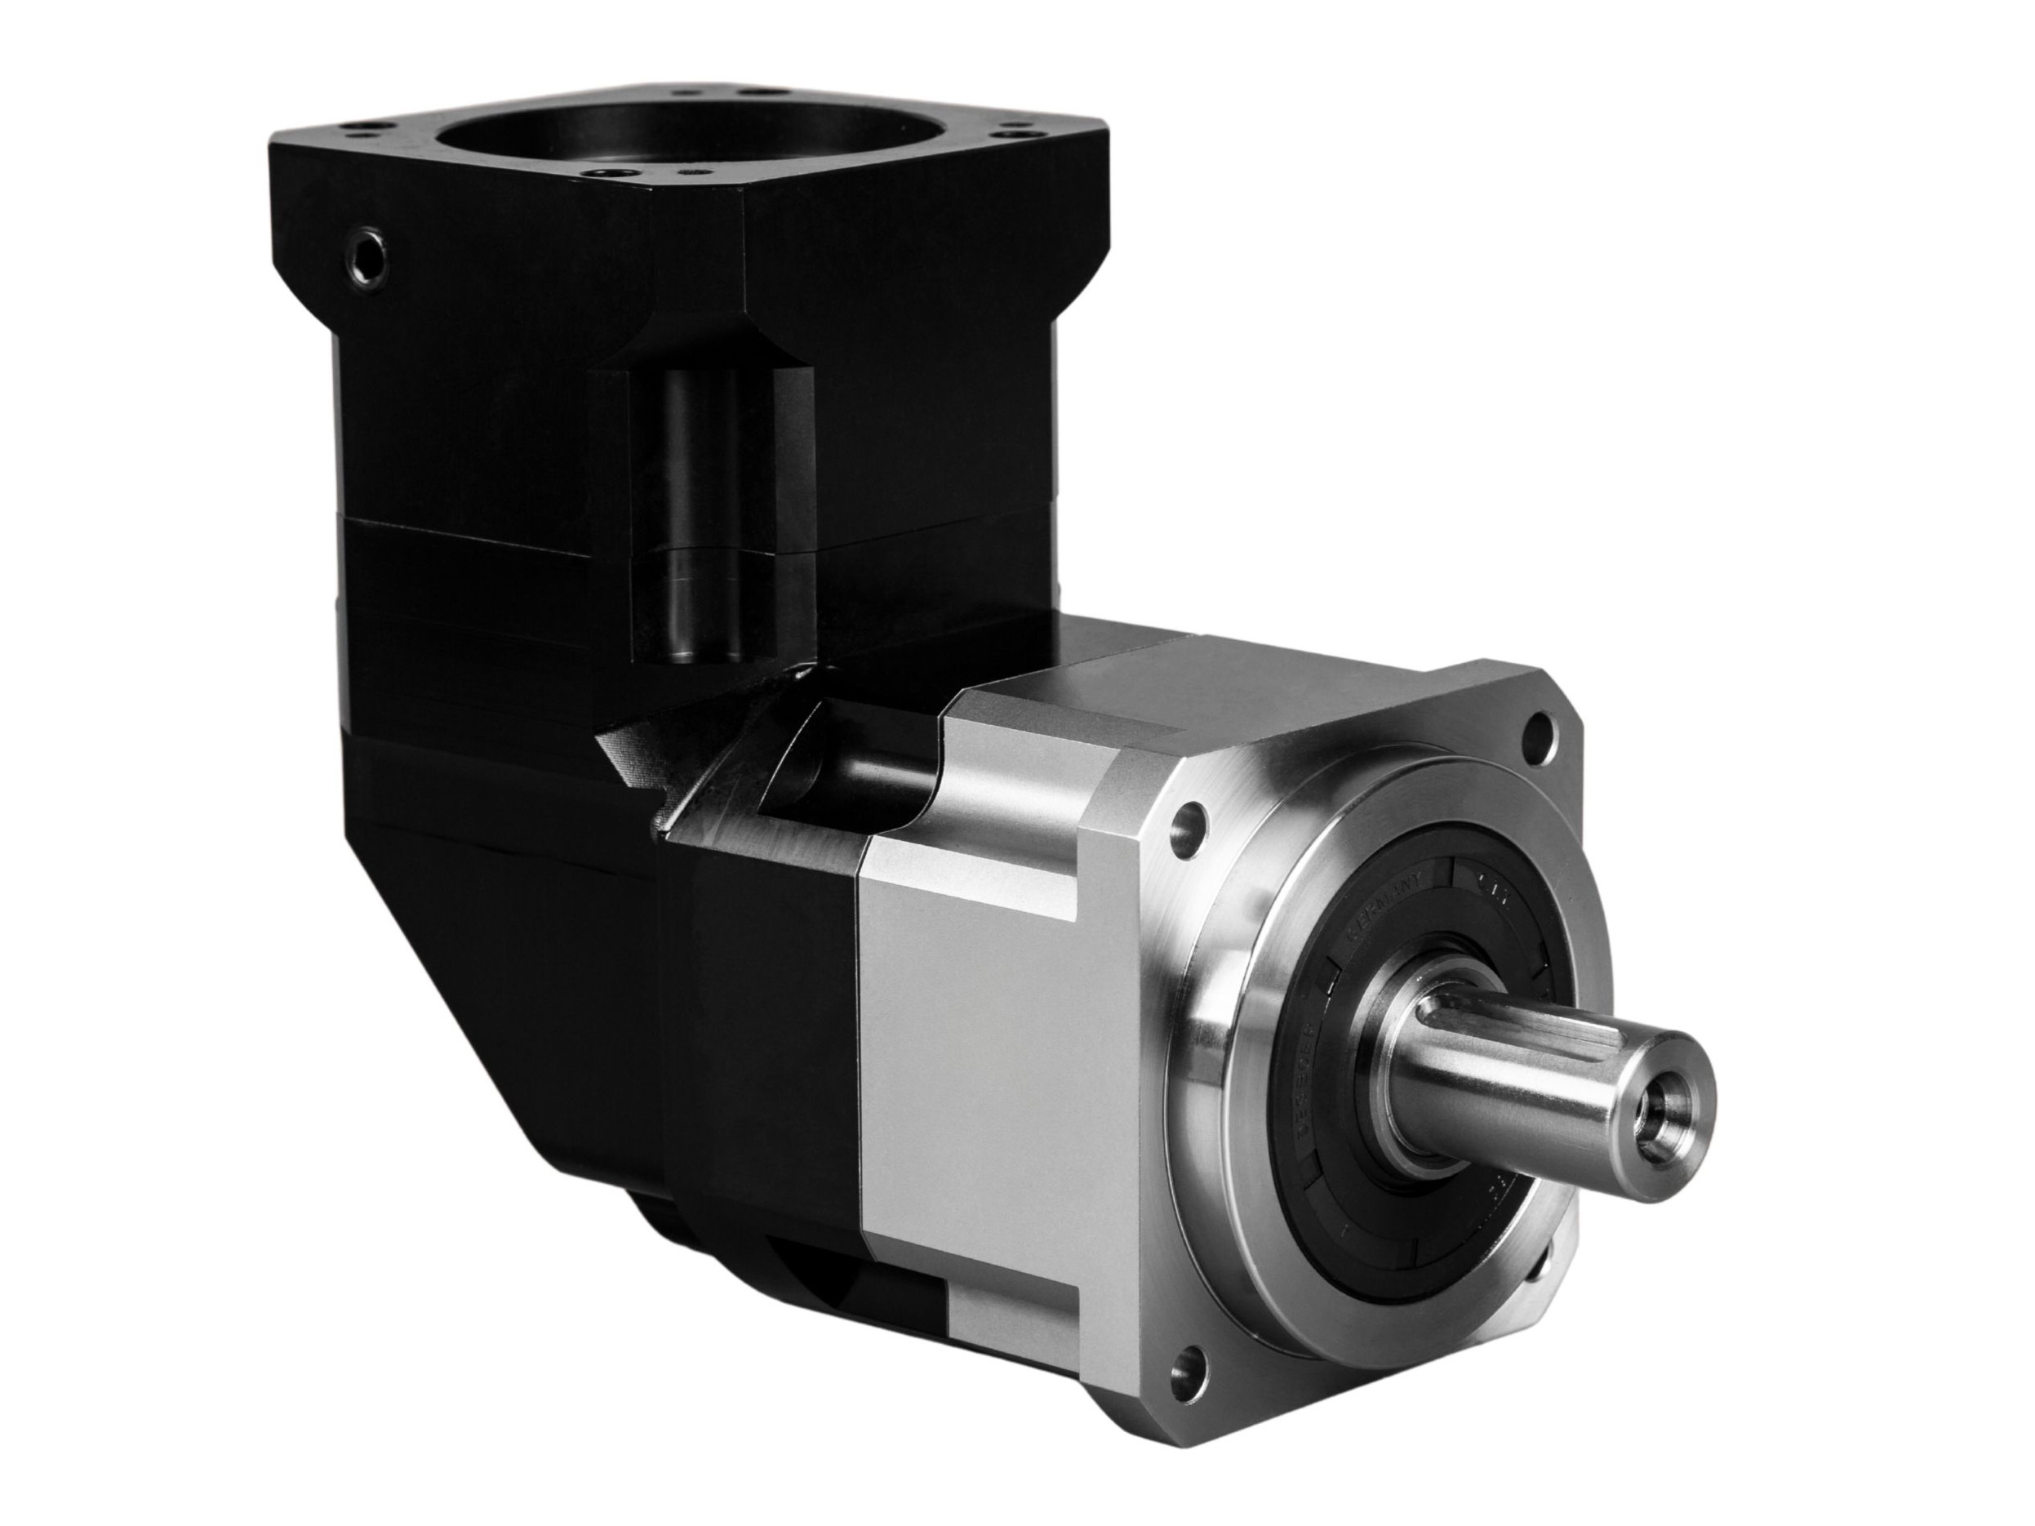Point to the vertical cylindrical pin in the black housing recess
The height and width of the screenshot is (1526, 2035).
point(695,515)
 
